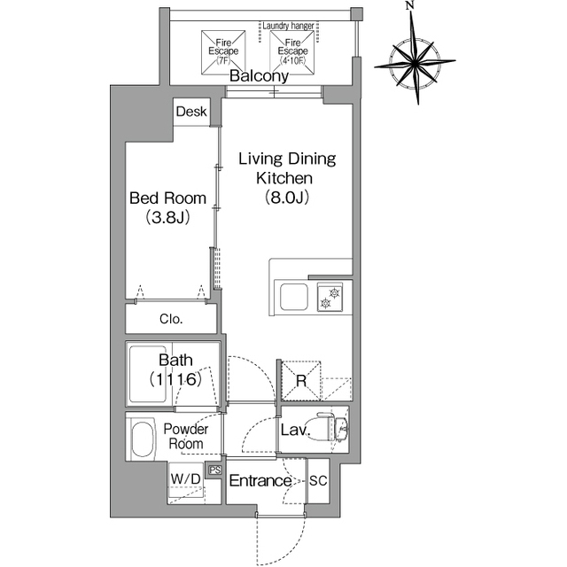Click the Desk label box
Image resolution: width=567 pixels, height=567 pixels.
coord(191,112)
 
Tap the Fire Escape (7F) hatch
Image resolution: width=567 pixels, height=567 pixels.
coord(223,52)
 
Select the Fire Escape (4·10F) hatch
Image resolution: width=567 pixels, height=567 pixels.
coord(292,52)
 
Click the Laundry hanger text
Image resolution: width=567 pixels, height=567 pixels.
coord(288,26)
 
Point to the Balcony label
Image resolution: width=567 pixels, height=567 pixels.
coord(259,76)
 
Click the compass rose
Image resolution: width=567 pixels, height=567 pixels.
coord(416,64)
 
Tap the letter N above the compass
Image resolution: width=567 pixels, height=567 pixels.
coord(409,5)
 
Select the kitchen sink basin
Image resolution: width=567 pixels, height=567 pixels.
coord(294,297)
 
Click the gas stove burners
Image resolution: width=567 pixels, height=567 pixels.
coord(330,297)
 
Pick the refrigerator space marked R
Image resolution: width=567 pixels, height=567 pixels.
coord(301,380)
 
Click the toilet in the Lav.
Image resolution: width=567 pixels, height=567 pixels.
coord(329,428)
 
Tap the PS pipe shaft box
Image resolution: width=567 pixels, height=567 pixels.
coord(215,470)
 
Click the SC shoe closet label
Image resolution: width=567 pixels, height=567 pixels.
coord(318,480)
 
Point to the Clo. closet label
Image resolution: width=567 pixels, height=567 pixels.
coord(171,319)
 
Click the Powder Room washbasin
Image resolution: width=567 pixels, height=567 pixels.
coord(143,439)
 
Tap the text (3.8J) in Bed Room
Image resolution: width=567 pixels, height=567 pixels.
coord(167,218)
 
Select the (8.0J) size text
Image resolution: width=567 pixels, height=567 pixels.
coord(287,198)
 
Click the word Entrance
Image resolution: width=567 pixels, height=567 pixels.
coord(260,480)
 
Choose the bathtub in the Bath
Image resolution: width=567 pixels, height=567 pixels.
coord(148,374)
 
